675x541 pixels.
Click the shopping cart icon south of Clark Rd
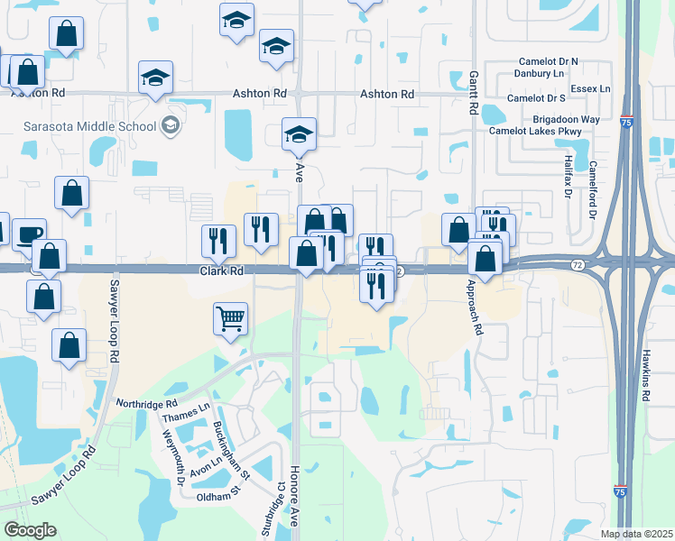pyautogui.click(x=231, y=317)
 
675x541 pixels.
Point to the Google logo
pyautogui.click(x=31, y=530)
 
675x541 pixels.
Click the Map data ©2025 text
pyautogui.click(x=637, y=534)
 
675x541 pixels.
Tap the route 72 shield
pyautogui.click(x=577, y=265)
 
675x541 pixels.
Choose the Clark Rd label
pyautogui.click(x=222, y=270)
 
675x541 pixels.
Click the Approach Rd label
pyautogui.click(x=471, y=306)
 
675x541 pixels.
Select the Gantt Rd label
pyautogui.click(x=472, y=94)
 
